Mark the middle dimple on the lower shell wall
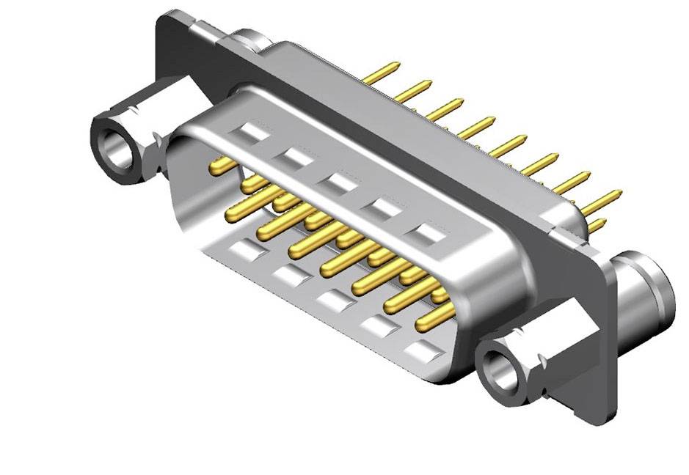tap(332, 300)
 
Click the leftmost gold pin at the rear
tap(380, 73)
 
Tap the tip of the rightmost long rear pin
tap(619, 193)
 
